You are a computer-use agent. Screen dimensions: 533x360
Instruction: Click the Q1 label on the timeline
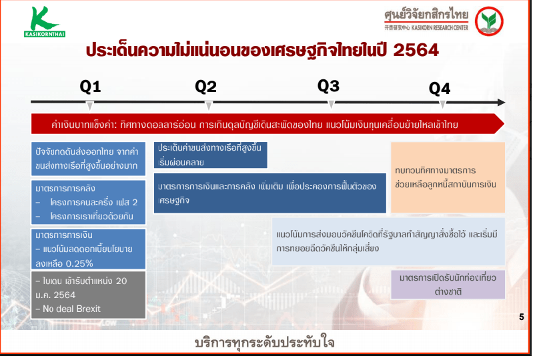91,87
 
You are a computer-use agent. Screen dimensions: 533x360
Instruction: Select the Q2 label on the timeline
205,87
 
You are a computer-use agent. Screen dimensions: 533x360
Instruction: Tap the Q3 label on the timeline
328,86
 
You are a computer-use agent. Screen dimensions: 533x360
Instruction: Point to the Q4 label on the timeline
440,89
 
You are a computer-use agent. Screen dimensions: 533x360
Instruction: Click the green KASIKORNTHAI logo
45,22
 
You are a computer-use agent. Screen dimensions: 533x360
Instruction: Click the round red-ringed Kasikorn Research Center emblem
489,21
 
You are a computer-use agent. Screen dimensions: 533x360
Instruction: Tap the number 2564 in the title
416,50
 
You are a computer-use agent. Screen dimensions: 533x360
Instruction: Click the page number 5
522,317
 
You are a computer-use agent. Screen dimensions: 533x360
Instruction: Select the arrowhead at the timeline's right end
501,102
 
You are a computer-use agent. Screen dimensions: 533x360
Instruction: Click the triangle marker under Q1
90,105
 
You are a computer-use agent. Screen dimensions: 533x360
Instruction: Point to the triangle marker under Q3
331,105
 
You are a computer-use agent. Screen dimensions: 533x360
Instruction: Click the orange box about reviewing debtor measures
448,177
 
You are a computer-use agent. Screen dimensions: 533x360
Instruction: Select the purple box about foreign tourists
448,285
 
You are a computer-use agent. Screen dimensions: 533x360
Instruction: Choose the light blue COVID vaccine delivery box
388,241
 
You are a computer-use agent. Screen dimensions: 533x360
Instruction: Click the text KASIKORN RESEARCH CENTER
440,28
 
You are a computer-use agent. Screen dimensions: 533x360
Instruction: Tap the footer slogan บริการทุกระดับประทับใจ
264,343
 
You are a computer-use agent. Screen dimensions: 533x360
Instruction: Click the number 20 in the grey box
121,281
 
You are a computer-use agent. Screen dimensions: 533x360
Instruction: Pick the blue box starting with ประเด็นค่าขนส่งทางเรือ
210,155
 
